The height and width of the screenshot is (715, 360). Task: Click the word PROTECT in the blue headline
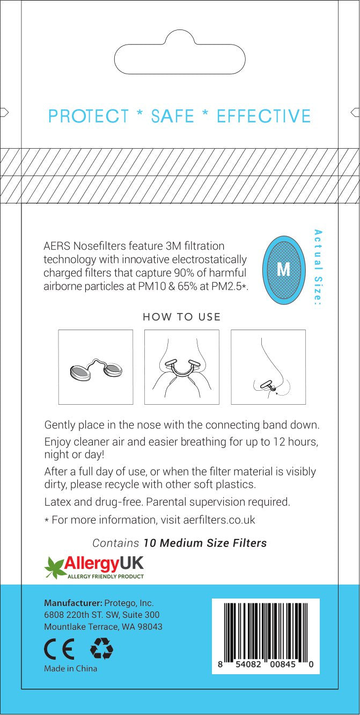pos(89,116)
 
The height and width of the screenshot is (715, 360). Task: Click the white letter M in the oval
pos(283,269)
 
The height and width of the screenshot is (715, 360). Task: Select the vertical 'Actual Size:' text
pos(318,267)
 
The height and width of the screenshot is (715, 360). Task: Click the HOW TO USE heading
pos(182,317)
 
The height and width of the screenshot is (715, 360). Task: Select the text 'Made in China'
pos(70,669)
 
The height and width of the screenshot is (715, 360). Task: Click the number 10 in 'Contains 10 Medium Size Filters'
pos(150,543)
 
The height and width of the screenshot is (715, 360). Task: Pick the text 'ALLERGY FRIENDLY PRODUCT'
pos(105,576)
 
